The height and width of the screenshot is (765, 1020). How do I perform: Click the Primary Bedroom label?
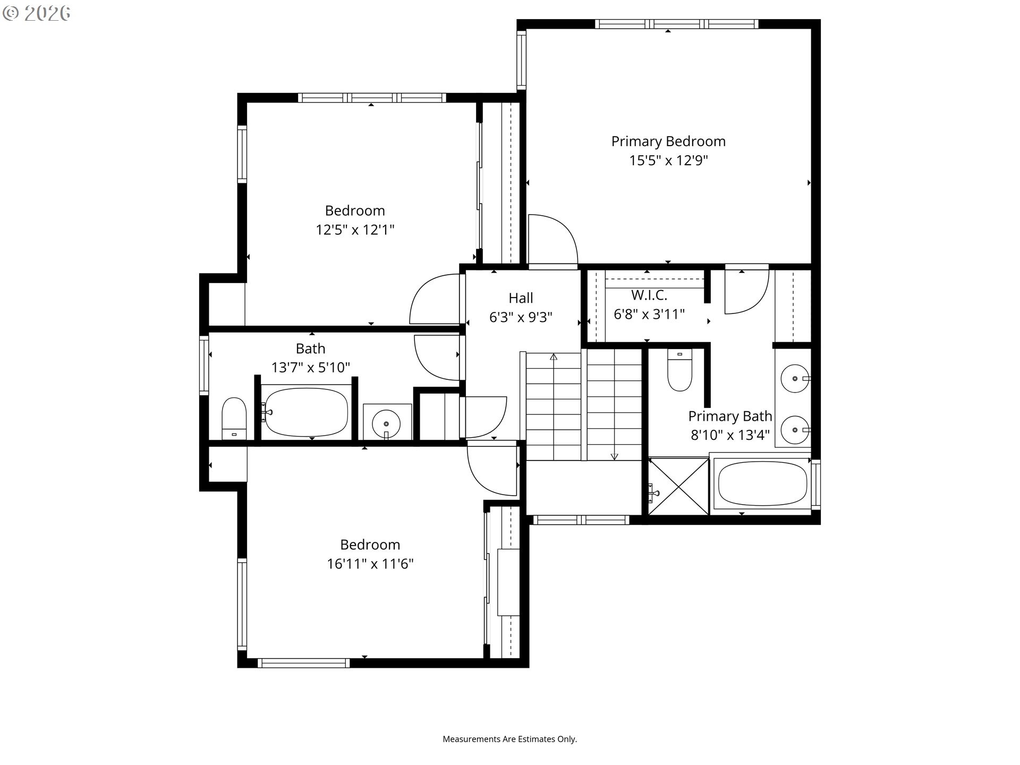pyautogui.click(x=668, y=141)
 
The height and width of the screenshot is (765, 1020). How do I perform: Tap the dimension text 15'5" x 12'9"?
pyautogui.click(x=668, y=160)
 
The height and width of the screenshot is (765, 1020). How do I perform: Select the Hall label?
pyautogui.click(x=521, y=298)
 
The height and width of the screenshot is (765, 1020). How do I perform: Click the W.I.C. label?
pyautogui.click(x=649, y=295)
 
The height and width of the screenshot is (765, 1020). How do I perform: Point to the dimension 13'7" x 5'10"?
pyautogui.click(x=311, y=367)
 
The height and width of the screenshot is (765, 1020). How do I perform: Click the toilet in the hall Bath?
pyautogui.click(x=234, y=419)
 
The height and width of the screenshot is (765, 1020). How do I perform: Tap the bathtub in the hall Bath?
pyautogui.click(x=307, y=412)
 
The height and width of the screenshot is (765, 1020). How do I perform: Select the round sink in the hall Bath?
pyautogui.click(x=387, y=423)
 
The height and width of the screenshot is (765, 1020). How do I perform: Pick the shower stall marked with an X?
pyautogui.click(x=679, y=486)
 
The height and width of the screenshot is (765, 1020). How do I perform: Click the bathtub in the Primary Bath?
pyautogui.click(x=762, y=483)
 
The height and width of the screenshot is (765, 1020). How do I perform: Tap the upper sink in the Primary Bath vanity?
pyautogui.click(x=795, y=379)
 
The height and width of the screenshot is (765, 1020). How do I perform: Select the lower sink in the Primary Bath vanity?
pyautogui.click(x=795, y=429)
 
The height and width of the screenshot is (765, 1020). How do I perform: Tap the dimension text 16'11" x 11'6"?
pyautogui.click(x=370, y=564)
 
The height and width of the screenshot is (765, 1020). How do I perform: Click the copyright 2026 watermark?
pyautogui.click(x=37, y=13)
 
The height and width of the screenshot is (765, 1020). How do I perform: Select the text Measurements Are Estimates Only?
pyautogui.click(x=510, y=739)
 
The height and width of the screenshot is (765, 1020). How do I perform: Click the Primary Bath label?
pyautogui.click(x=730, y=416)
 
